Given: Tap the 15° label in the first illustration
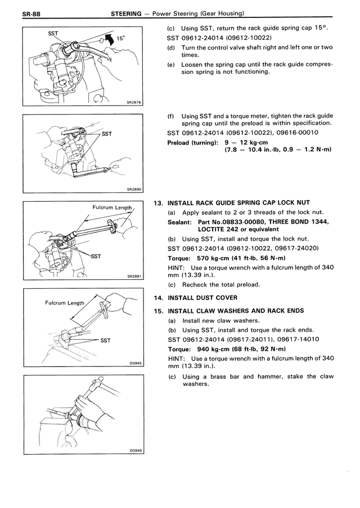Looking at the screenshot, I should click(120, 39).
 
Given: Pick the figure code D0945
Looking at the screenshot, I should click(134, 363).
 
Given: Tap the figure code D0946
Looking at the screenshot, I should click(134, 450).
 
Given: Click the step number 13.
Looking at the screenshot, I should click(158, 202).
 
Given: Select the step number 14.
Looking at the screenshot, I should click(158, 298).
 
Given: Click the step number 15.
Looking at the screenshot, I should click(158, 311).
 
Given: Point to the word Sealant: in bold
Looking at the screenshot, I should click(182, 222).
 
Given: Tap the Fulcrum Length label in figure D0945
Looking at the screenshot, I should click(64, 303).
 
